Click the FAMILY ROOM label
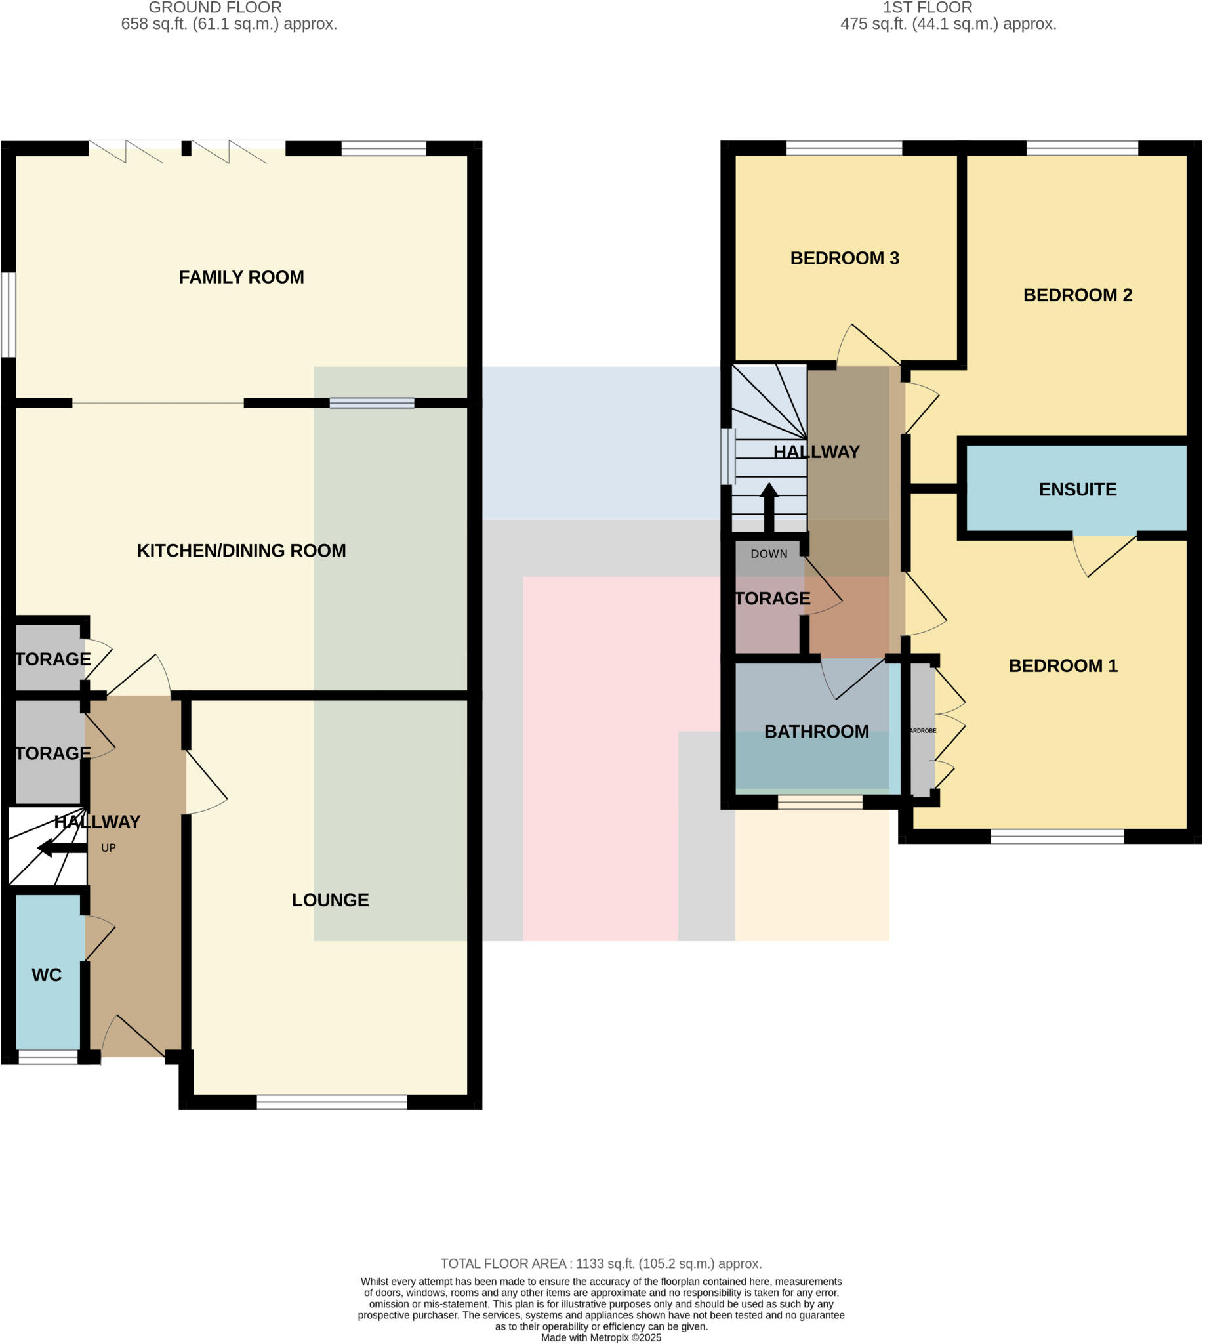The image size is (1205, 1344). (241, 277)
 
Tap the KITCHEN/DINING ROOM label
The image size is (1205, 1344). (241, 551)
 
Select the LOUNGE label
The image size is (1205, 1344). (331, 900)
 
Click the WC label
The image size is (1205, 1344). (47, 975)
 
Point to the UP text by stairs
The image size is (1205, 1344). (108, 848)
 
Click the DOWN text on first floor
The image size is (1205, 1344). (769, 554)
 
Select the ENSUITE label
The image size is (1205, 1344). (1077, 490)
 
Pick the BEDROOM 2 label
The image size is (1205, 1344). (1077, 295)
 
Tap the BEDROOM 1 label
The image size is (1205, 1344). (1063, 665)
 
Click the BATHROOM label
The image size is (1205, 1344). (817, 731)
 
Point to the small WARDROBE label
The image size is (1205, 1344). (923, 730)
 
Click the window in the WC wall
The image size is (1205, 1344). (48, 1058)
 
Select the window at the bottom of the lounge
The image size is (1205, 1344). (332, 1102)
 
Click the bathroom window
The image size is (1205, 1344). (820, 803)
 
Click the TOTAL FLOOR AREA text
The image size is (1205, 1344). (601, 1263)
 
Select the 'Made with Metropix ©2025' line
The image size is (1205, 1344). (601, 1337)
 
